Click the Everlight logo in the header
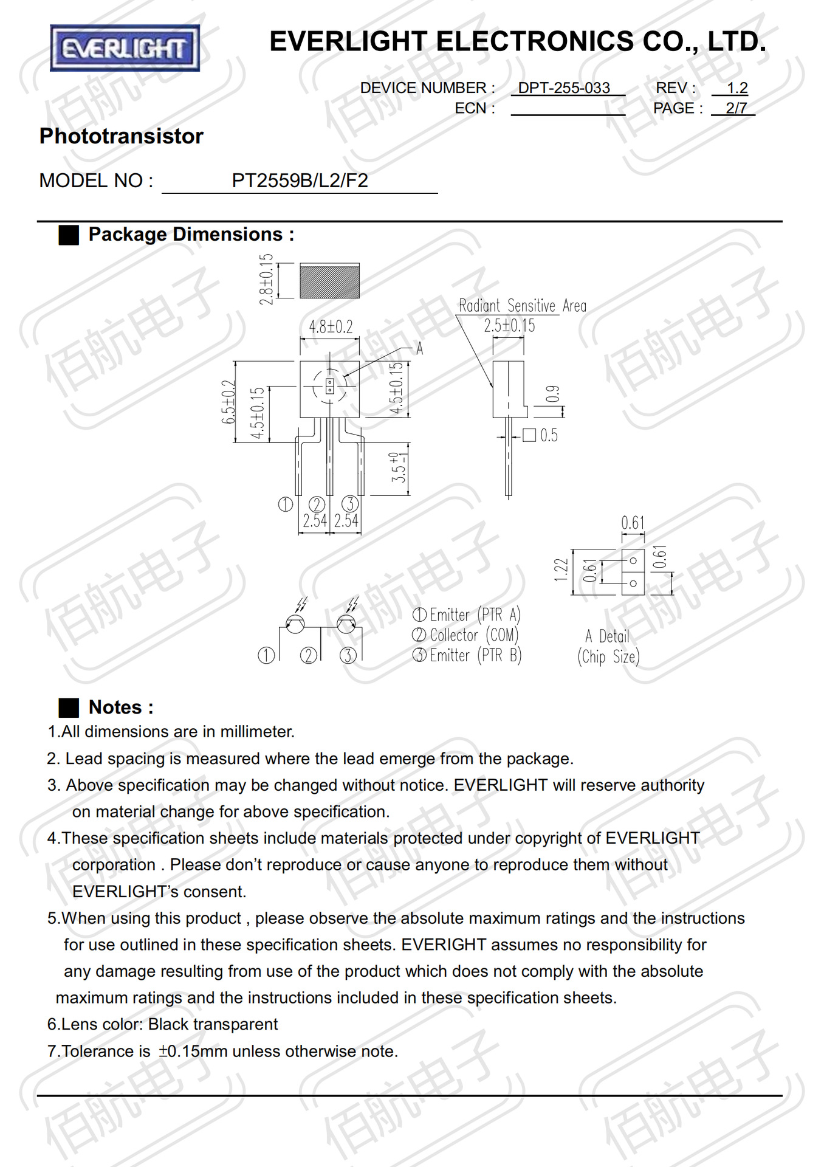pyautogui.click(x=125, y=48)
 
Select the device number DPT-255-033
pyautogui.click(x=563, y=88)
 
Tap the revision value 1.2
pyautogui.click(x=737, y=88)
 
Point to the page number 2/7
pyautogui.click(x=736, y=108)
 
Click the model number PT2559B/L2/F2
pyautogui.click(x=300, y=181)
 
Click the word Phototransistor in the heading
pyautogui.click(x=122, y=136)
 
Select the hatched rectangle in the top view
pyautogui.click(x=329, y=281)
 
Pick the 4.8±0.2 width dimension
pyautogui.click(x=330, y=327)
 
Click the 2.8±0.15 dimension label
pyautogui.click(x=266, y=280)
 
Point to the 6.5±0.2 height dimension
pyautogui.click(x=228, y=402)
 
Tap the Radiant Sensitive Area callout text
pyautogui.click(x=522, y=306)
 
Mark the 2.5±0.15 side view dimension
pyautogui.click(x=509, y=326)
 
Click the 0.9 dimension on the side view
pyautogui.click(x=552, y=394)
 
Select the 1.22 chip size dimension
pyautogui.click(x=561, y=570)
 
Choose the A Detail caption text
pyautogui.click(x=607, y=636)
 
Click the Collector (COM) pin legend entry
pyautogui.click(x=466, y=635)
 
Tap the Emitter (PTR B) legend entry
pyautogui.click(x=467, y=655)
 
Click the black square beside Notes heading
pyautogui.click(x=69, y=707)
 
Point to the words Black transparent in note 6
pyautogui.click(x=213, y=1024)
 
